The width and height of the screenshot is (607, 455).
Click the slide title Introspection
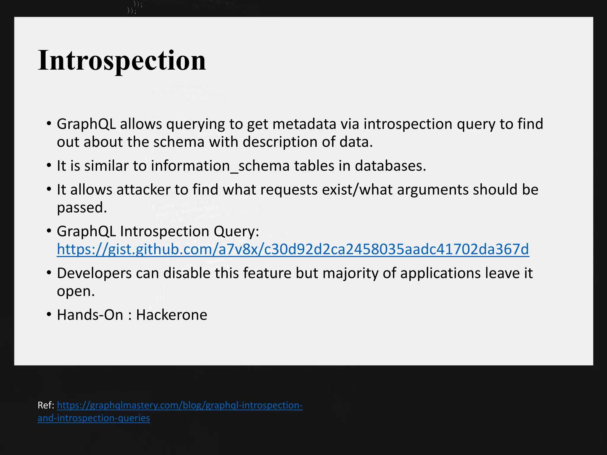click(x=122, y=60)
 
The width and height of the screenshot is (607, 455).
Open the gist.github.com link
click(x=293, y=249)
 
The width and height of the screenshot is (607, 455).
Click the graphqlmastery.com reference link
click(x=180, y=405)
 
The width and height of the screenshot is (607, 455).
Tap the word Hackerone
click(x=172, y=315)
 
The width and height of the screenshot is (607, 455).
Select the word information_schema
click(x=220, y=166)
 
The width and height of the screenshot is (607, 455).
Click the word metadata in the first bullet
click(x=304, y=124)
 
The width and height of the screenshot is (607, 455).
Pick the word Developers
click(x=94, y=273)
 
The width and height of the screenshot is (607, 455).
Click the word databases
click(x=390, y=166)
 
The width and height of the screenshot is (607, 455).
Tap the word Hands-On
click(x=90, y=315)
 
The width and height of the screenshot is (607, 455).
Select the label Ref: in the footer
click(x=46, y=405)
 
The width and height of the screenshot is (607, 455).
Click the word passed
click(x=82, y=207)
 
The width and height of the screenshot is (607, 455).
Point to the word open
click(x=76, y=291)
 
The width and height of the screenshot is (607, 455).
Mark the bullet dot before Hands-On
click(x=49, y=314)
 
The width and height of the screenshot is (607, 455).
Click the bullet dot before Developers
click(x=49, y=273)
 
